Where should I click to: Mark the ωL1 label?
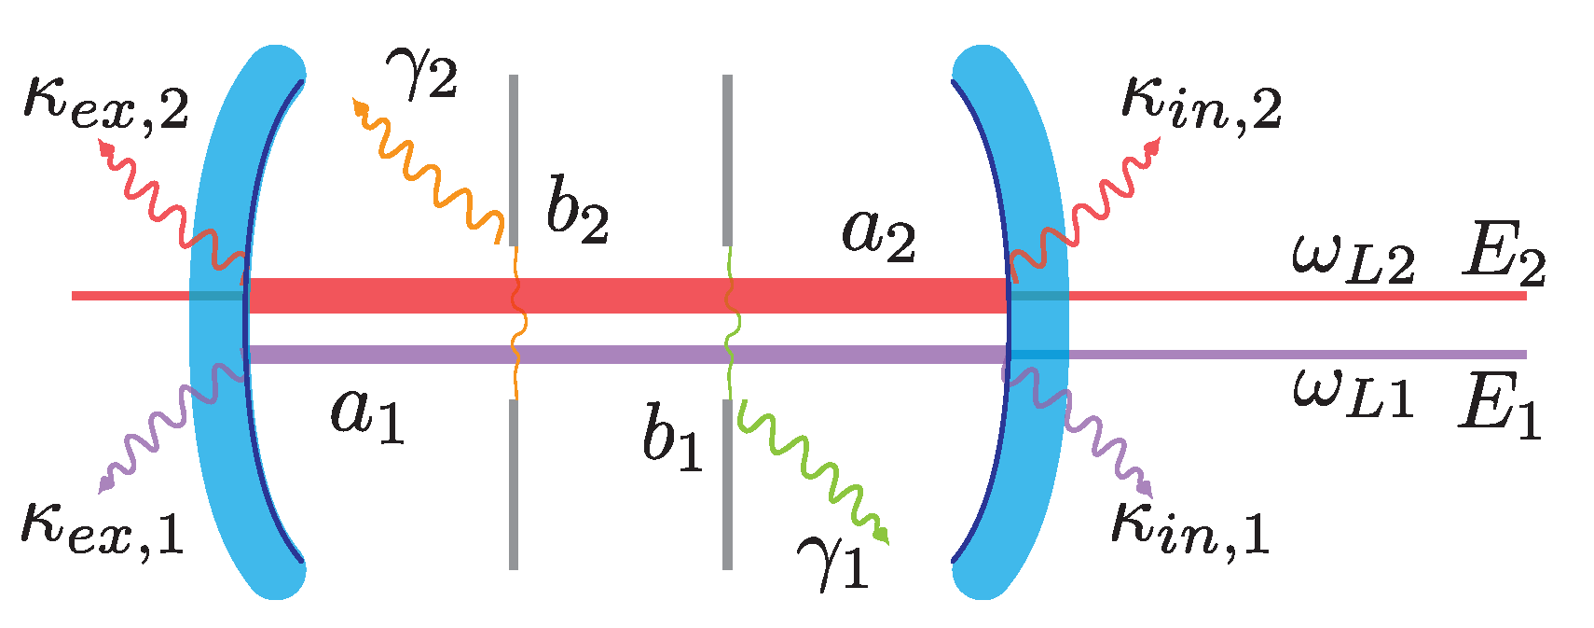tap(1353, 392)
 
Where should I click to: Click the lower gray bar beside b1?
tap(727, 485)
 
